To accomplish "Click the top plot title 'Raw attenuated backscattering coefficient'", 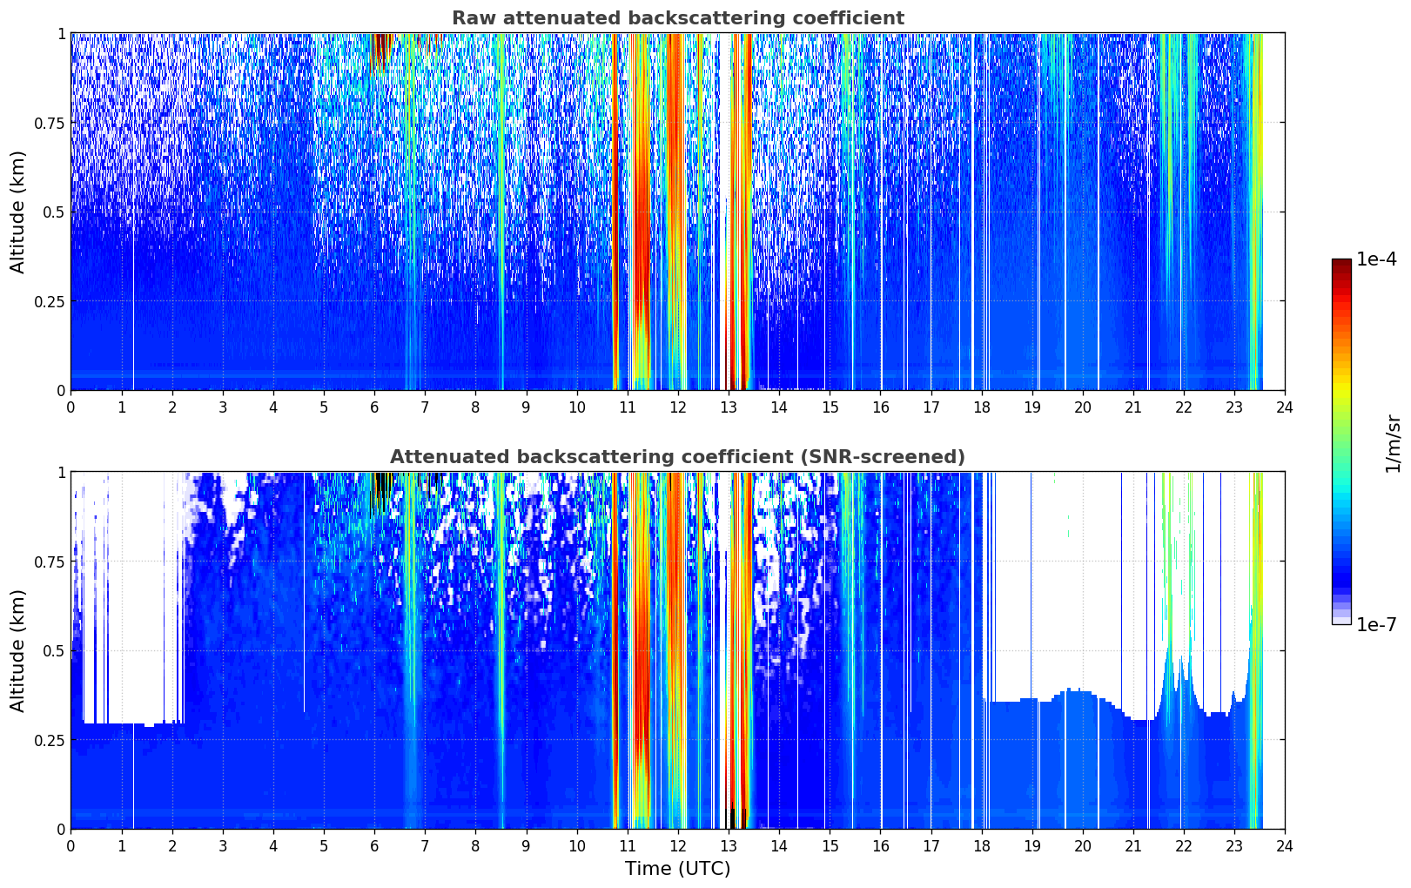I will pyautogui.click(x=677, y=18).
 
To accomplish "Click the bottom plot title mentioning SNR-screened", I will pyautogui.click(x=677, y=457).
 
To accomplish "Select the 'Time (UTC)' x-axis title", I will pyautogui.click(x=677, y=869).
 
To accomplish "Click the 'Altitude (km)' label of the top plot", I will pyautogui.click(x=18, y=212).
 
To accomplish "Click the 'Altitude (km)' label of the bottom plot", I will pyautogui.click(x=18, y=650).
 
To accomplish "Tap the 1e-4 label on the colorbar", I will pyautogui.click(x=1376, y=260).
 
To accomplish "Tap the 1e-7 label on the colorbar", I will pyautogui.click(x=1376, y=624).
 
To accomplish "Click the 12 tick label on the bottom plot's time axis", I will pyautogui.click(x=677, y=846).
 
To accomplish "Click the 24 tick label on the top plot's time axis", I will pyautogui.click(x=1284, y=407).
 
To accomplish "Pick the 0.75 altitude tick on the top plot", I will pyautogui.click(x=50, y=123).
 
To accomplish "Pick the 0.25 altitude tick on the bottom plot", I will pyautogui.click(x=50, y=740).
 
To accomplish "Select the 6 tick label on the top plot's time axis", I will pyautogui.click(x=374, y=407).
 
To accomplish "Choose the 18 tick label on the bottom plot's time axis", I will pyautogui.click(x=981, y=846).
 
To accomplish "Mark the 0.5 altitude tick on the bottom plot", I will pyautogui.click(x=54, y=650).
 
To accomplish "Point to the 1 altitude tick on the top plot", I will pyautogui.click(x=61, y=33).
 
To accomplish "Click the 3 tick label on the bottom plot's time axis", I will pyautogui.click(x=223, y=846).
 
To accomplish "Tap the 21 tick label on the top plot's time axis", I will pyautogui.click(x=1132, y=407).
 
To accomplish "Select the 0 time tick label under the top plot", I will pyautogui.click(x=71, y=407).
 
